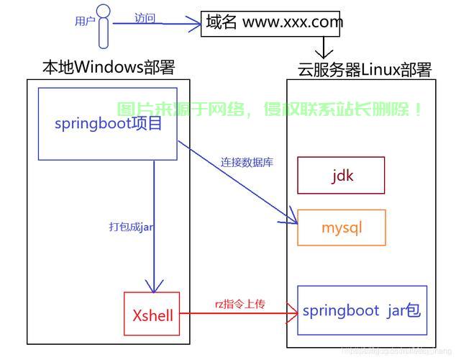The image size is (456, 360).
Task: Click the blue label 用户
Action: [85, 22]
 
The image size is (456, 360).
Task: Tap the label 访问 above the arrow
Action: [145, 18]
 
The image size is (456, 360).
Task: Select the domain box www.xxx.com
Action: [274, 22]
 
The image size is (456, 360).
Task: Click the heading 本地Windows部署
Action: [109, 68]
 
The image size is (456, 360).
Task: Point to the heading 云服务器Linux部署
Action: [365, 70]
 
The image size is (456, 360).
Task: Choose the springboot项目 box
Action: [108, 123]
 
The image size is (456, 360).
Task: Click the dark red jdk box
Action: [342, 175]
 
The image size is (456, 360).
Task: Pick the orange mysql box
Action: [342, 228]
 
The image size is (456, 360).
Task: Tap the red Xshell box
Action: [152, 314]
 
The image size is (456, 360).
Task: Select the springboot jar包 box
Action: [362, 310]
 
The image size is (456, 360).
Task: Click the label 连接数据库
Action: [247, 163]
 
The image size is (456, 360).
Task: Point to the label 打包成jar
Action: [132, 226]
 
